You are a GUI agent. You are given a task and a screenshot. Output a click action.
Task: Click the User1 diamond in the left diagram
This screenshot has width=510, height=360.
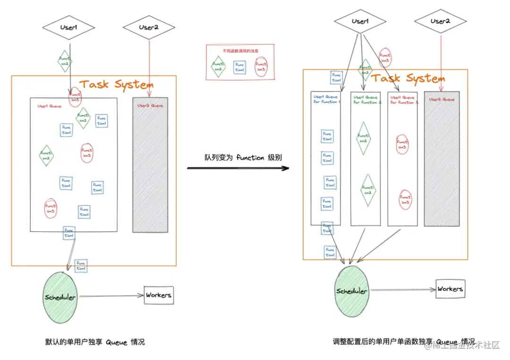69,28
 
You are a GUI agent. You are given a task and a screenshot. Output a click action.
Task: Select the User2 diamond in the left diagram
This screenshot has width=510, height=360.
149,27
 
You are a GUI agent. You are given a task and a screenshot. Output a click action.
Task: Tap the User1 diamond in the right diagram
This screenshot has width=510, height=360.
360,21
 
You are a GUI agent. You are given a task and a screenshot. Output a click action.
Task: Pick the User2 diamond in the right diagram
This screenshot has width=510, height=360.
440,21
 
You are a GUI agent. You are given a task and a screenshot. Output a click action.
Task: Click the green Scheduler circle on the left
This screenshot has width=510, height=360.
60,297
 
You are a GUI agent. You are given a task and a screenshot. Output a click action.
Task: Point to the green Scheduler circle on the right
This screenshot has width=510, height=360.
352,291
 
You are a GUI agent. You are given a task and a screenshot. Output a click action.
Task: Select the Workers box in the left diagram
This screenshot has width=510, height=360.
159,295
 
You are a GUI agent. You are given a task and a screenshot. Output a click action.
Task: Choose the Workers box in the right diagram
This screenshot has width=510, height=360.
450,289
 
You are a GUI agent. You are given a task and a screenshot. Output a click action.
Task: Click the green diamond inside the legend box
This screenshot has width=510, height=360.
218,67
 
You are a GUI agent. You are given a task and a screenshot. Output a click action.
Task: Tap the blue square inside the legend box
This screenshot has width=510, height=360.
240,67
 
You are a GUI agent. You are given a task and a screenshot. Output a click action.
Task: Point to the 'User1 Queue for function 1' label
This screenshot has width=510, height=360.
326,100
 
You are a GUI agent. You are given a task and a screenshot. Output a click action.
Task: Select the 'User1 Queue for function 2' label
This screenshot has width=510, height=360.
365,100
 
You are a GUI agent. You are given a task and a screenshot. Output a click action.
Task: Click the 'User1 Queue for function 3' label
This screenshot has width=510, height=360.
403,100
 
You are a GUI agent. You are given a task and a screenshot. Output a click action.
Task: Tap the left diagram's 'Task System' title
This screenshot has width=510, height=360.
116,85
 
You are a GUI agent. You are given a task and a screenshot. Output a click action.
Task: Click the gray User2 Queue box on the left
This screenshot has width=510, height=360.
150,165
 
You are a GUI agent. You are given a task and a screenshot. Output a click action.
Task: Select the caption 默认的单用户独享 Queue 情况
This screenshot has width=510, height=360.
95,342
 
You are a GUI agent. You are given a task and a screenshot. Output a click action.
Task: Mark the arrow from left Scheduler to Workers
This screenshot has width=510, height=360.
111,296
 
